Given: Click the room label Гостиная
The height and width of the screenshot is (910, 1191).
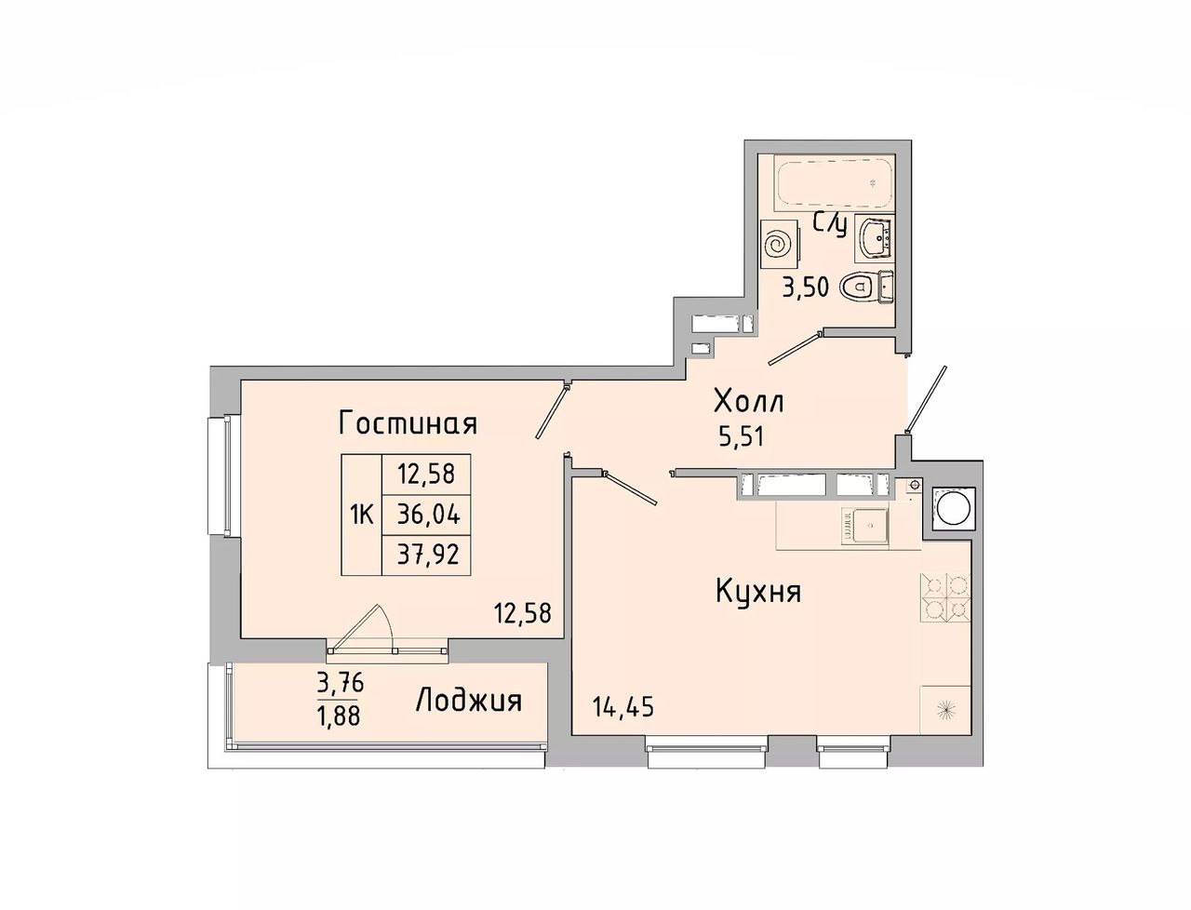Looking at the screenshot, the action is coord(408,423).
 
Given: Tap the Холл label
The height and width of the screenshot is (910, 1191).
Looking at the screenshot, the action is coord(749,402).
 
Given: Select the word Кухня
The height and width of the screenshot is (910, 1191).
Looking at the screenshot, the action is coord(758,591).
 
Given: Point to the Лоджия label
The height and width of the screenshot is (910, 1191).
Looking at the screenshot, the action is coord(468,700).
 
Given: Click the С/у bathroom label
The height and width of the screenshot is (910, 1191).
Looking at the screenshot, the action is coord(830,226).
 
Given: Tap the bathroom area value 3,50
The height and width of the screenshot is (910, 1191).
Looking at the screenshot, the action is coord(805,288).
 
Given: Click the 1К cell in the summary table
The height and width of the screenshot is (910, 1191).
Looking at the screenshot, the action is coord(361,515).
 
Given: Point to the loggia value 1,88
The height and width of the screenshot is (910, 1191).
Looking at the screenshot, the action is coord(339,716).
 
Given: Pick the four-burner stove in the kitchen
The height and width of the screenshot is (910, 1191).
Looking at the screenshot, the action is coord(945,596).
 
